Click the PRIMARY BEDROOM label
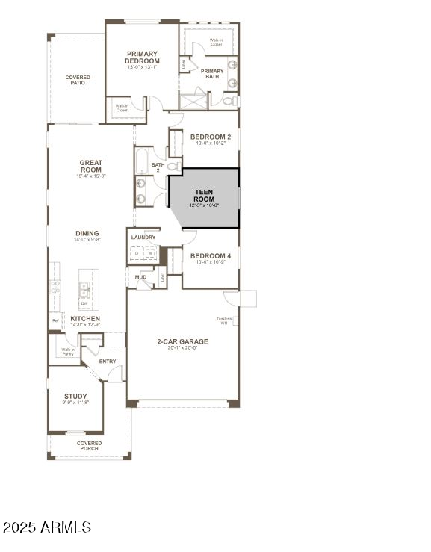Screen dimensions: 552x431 pyautogui.click(x=142, y=57)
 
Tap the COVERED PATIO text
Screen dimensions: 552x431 pyautogui.click(x=78, y=80)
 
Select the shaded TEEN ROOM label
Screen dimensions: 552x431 pyautogui.click(x=204, y=196)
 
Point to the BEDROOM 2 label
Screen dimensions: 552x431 pyautogui.click(x=211, y=137)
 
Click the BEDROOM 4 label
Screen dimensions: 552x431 pyautogui.click(x=211, y=256)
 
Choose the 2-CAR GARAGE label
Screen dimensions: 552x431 pyautogui.click(x=182, y=341)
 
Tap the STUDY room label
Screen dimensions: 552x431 pyautogui.click(x=75, y=397)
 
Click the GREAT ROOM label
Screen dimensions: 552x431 pyautogui.click(x=91, y=166)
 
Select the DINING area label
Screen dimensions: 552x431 pyautogui.click(x=87, y=233)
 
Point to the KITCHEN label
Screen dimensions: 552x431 pyautogui.click(x=85, y=318)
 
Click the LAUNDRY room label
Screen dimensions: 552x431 pyautogui.click(x=143, y=238)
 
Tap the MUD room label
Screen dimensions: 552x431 pyautogui.click(x=140, y=277)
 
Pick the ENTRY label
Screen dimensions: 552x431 pyautogui.click(x=108, y=362)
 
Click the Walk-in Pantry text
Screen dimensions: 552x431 pyautogui.click(x=67, y=351)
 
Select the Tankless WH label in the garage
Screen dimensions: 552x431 pyautogui.click(x=224, y=320)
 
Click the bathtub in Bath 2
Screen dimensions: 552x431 pyautogui.click(x=143, y=161)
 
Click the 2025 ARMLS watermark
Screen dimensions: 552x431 pyautogui.click(x=46, y=527)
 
